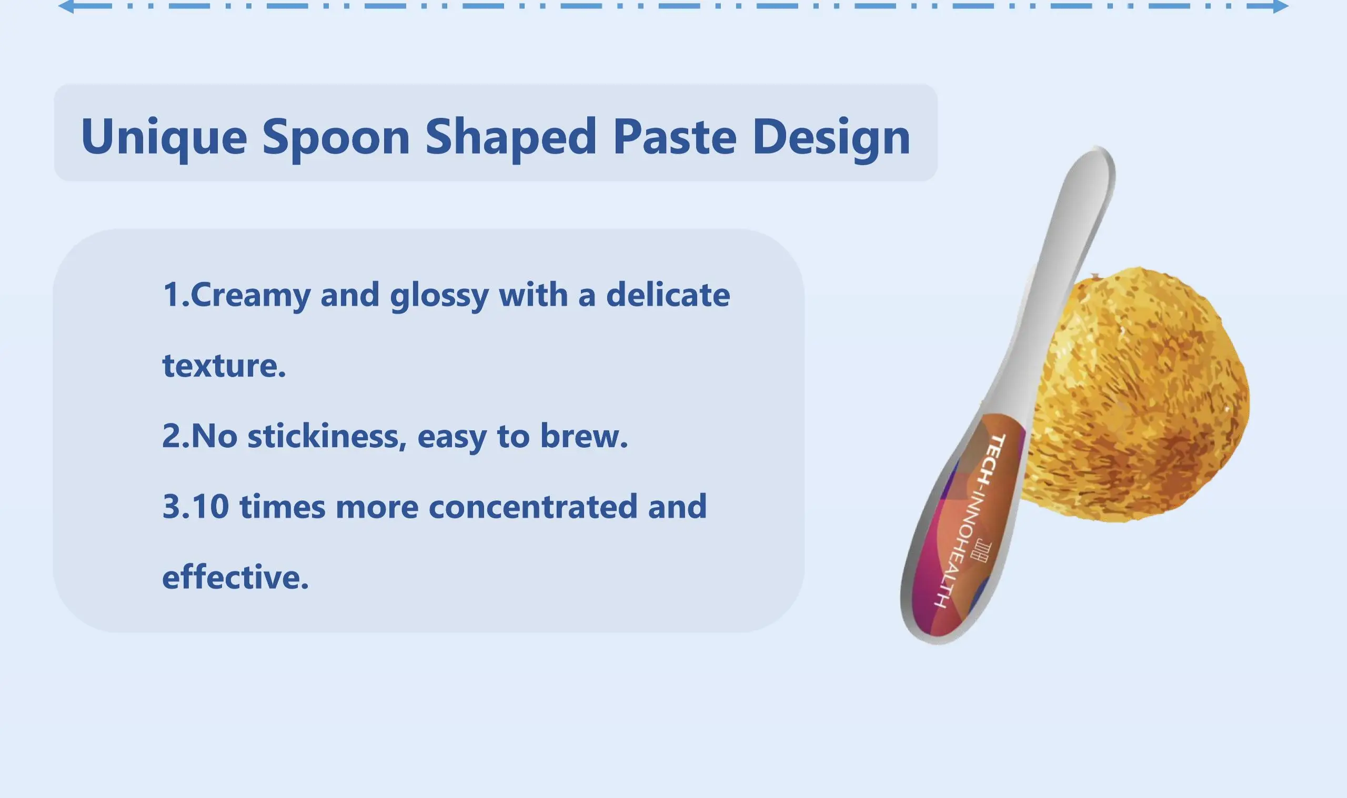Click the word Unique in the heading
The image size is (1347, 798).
(x=164, y=137)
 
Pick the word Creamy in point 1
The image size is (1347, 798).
(x=250, y=296)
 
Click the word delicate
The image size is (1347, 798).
(x=668, y=294)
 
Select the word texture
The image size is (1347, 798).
(x=224, y=366)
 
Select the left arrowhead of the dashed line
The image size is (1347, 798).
(x=66, y=6)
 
